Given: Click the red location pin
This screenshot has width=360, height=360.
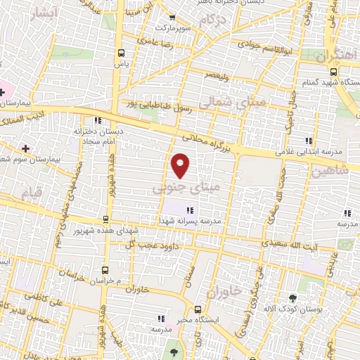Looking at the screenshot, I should click(x=181, y=165).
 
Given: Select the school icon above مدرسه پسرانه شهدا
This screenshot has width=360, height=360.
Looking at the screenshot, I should click(x=189, y=209).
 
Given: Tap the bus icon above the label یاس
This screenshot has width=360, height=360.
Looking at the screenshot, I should click(x=121, y=53).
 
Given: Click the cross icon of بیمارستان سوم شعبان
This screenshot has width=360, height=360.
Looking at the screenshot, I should click(x=26, y=148).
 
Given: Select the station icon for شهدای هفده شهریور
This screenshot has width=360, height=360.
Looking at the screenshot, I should click(x=105, y=219).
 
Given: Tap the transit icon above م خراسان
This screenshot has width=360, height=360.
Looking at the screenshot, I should click(x=105, y=269).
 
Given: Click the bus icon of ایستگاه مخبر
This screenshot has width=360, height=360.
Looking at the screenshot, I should click(x=198, y=309).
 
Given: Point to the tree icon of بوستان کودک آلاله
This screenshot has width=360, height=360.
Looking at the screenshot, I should click(x=293, y=297).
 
